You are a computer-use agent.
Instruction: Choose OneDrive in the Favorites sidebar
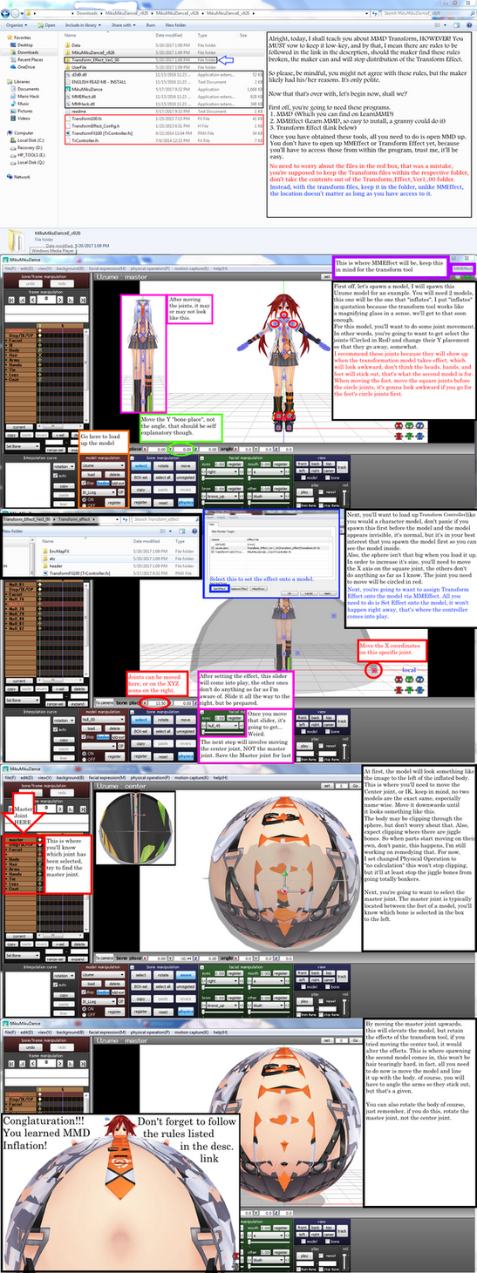tap(25, 66)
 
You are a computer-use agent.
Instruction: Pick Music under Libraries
tap(24, 103)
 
